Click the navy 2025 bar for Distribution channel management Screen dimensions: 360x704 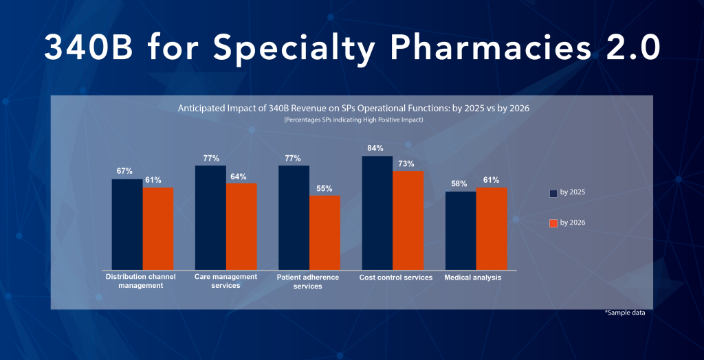point(127,224)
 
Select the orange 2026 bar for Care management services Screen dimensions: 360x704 point(241,226)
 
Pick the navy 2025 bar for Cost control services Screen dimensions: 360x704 point(377,212)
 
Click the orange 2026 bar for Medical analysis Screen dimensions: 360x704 point(492,228)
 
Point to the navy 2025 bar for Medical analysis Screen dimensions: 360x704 point(461,230)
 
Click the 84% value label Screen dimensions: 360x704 point(375,148)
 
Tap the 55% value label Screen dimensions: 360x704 point(324,188)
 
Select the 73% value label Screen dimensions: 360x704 point(406,164)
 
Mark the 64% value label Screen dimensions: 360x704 point(238,176)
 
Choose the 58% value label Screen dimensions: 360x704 point(459,183)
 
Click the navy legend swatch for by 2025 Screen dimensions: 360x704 point(553,193)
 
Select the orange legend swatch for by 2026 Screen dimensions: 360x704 point(553,223)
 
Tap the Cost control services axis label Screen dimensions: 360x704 point(396,278)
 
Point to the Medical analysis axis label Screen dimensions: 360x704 point(473,278)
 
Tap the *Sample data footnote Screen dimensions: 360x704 point(625,313)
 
